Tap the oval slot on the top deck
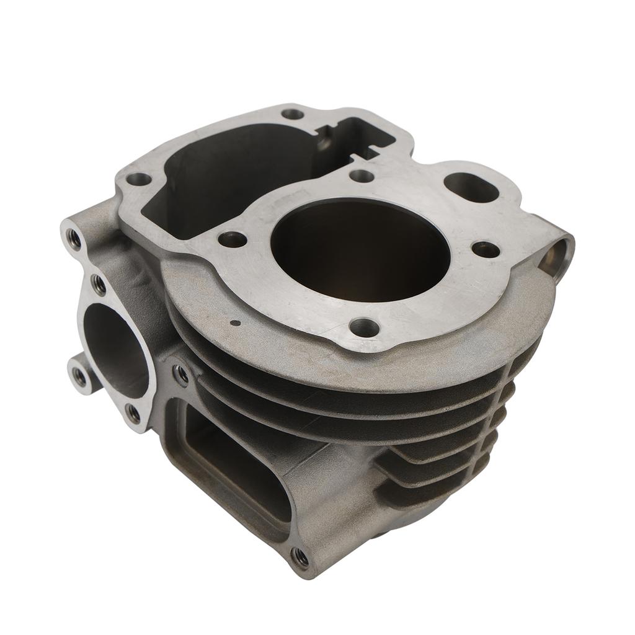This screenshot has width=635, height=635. click(471, 187)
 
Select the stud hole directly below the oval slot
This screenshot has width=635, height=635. click(486, 249)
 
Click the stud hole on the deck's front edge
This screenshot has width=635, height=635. click(364, 327)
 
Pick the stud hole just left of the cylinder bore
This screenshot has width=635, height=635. click(233, 239)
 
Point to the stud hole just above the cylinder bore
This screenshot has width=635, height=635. click(361, 175)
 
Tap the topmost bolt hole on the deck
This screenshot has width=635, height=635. click(292, 114)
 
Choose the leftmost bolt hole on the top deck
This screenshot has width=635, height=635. click(138, 179)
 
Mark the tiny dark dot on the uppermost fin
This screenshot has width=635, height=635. click(234, 322)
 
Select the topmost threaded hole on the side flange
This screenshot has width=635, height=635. click(74, 238)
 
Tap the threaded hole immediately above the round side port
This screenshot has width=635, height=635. click(98, 284)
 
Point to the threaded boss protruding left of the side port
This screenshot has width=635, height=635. click(79, 374)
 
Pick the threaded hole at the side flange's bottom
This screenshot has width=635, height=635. click(133, 412)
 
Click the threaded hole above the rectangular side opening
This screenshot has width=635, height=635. click(181, 373)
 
